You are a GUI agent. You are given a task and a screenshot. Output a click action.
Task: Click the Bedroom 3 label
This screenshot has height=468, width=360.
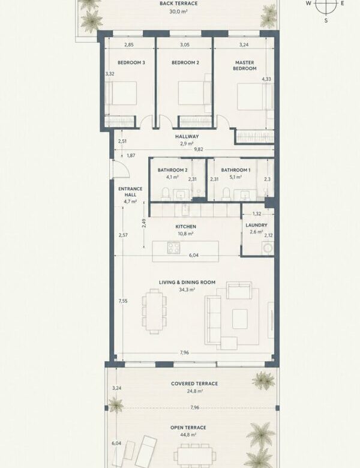[131, 62]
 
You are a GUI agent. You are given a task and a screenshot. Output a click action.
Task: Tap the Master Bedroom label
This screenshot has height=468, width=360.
[244, 65]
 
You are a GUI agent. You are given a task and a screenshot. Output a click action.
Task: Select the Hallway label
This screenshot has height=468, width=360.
[187, 136]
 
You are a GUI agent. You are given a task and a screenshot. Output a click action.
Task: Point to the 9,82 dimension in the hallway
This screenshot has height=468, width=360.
[199, 149]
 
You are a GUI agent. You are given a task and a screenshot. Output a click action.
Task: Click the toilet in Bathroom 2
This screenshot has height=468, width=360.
[166, 194]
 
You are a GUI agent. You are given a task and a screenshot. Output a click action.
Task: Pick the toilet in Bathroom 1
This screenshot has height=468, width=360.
[226, 194]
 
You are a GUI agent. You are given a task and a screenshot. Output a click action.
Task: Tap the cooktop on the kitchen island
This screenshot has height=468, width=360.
[173, 247]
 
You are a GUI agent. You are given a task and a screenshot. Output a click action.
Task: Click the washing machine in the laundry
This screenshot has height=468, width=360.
[268, 248]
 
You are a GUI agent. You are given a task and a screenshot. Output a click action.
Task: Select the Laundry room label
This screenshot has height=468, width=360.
[256, 225]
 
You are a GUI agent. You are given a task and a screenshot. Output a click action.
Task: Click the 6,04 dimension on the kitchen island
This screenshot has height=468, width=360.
[193, 255]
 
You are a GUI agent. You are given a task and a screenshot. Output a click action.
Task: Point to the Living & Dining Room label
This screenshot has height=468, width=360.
[187, 283]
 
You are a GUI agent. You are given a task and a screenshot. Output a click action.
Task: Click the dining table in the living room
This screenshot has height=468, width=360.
[154, 311]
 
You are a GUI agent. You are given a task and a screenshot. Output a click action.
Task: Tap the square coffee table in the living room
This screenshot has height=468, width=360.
[240, 319]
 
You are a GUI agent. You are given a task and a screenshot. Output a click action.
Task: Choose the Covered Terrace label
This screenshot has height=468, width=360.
[194, 383]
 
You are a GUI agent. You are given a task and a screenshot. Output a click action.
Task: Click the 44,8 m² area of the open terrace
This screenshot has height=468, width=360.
[188, 435]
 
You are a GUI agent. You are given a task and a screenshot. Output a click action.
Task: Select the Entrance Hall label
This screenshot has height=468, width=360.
[130, 191]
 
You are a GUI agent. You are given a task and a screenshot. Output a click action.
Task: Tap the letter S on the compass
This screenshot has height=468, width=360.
[326, 20]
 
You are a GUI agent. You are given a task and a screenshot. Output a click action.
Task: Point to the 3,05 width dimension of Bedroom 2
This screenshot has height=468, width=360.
[185, 45]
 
